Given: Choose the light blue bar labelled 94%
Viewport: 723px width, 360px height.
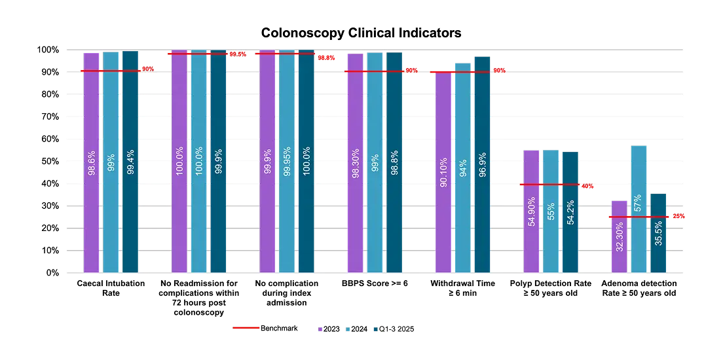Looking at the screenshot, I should click(462, 168).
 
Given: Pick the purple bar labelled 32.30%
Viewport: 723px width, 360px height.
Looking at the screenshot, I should click(619, 236).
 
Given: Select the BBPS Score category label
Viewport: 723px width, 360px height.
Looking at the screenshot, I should click(375, 285).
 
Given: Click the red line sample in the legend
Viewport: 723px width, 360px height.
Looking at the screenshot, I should click(246, 327).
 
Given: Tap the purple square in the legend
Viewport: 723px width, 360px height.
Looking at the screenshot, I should click(320, 329).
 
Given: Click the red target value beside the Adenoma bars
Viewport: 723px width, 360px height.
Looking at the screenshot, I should click(679, 216).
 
